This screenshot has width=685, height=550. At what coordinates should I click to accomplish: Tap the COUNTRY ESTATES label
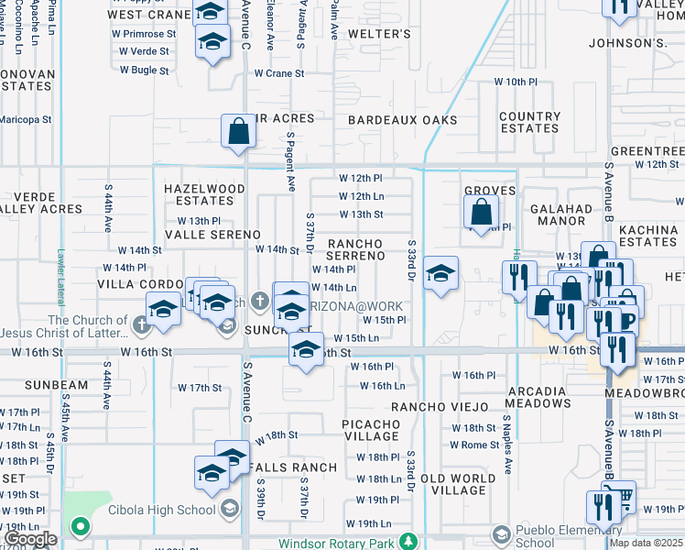pyautogui.click(x=529, y=123)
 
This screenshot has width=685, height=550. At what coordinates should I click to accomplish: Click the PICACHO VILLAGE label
pyautogui.click(x=371, y=430)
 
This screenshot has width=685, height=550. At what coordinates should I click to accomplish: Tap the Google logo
pyautogui.click(x=30, y=539)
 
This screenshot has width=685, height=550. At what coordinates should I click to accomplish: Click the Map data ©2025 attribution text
pyautogui.click(x=646, y=543)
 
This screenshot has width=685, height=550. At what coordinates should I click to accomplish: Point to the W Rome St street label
pyautogui.click(x=473, y=445)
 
